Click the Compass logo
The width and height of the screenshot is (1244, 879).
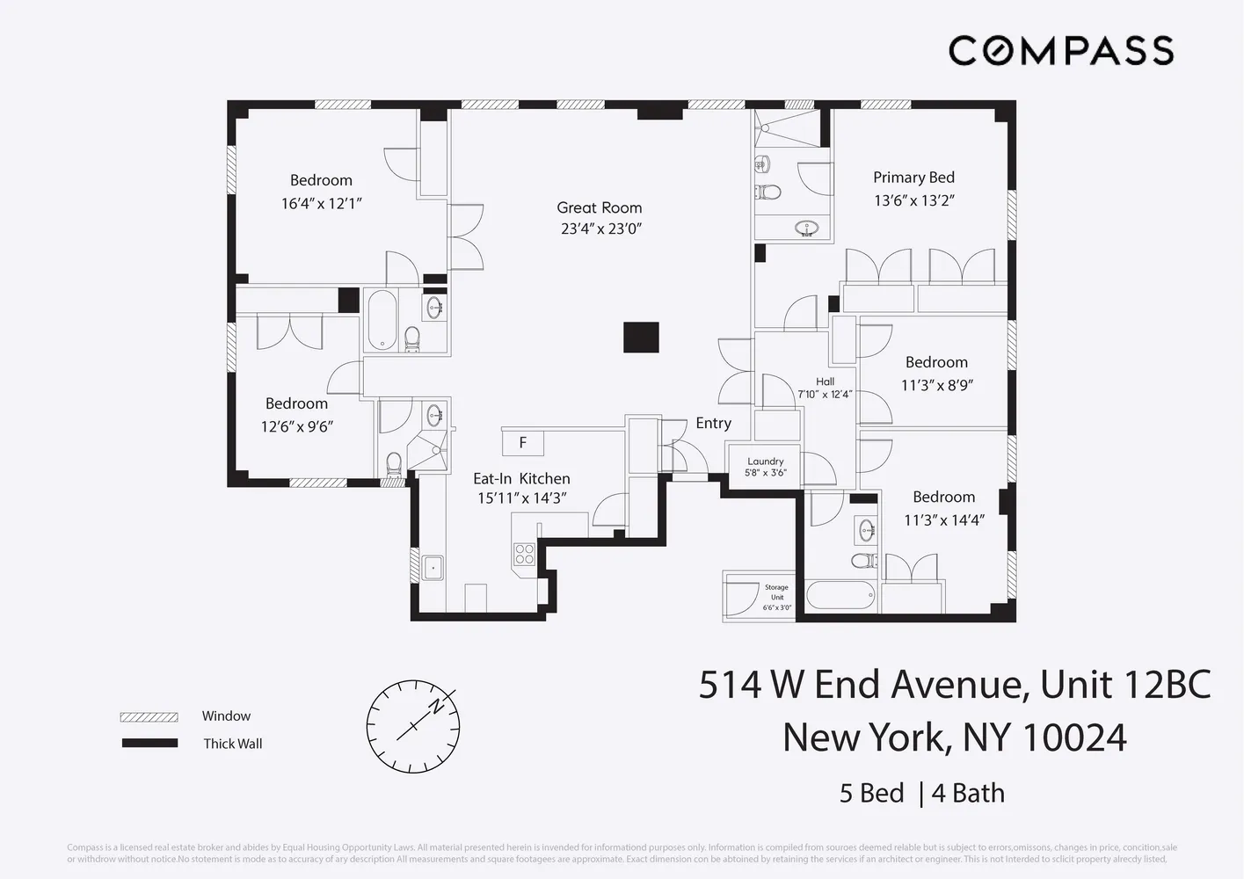click(x=1060, y=50)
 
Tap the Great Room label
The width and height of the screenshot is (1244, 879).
click(x=599, y=208)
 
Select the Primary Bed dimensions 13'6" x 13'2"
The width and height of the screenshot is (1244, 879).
click(x=913, y=200)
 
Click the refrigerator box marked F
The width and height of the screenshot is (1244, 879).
click(x=522, y=442)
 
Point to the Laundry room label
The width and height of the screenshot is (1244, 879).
click(x=765, y=461)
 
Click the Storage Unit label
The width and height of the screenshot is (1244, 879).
click(x=776, y=592)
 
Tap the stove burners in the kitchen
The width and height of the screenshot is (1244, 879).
click(x=524, y=554)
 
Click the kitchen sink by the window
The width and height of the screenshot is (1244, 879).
click(x=433, y=568)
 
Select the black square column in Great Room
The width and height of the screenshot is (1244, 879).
click(x=641, y=338)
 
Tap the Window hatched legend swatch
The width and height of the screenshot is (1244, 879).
click(x=149, y=717)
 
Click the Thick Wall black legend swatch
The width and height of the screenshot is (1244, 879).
click(x=149, y=744)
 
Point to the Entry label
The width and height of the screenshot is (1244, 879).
click(x=713, y=424)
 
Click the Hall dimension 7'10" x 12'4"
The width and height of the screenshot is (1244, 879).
click(x=824, y=394)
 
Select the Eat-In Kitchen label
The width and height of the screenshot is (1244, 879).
click(x=521, y=479)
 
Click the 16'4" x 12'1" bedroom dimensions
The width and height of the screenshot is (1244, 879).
click(x=321, y=204)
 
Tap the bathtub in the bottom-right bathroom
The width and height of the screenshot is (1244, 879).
click(x=840, y=595)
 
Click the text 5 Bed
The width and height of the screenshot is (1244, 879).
click(x=871, y=793)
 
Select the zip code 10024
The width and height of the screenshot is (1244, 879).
click(x=1075, y=737)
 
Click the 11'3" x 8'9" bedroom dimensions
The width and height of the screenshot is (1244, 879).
click(x=936, y=385)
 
